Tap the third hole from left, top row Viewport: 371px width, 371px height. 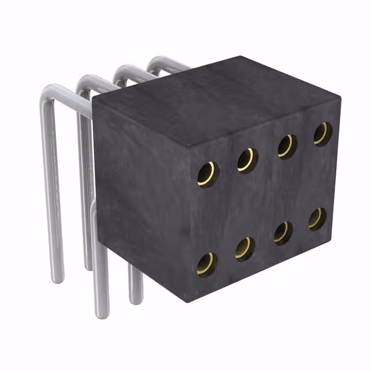click(286, 146)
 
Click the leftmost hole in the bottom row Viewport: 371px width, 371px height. click(206, 264)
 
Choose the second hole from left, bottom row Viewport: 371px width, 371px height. click(245, 248)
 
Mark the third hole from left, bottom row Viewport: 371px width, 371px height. click(282, 232)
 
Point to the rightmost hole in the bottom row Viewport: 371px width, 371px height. click(317, 219)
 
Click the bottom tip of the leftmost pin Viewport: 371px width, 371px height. click(56, 279)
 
